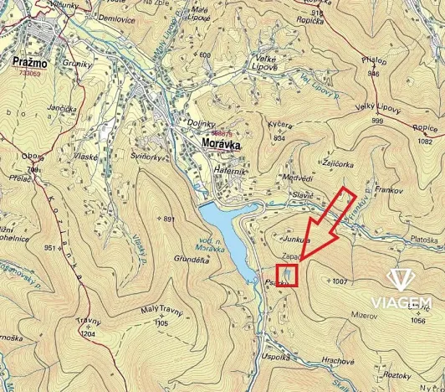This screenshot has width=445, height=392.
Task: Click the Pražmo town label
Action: point(29,64)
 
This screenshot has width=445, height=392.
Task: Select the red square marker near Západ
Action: point(287,276)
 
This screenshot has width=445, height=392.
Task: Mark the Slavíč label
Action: point(301,195)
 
